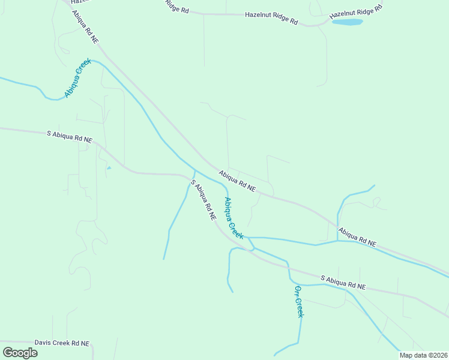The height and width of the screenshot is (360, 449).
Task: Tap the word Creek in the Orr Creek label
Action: point(300,307)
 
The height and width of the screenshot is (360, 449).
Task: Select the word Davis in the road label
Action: point(44,343)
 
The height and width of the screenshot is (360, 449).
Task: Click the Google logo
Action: point(20,352)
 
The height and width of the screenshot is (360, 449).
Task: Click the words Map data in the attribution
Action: point(412,355)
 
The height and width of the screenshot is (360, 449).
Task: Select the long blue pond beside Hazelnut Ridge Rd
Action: point(348,22)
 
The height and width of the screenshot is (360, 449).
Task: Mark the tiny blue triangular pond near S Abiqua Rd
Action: point(109,168)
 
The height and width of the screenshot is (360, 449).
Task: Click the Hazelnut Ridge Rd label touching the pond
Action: point(356,11)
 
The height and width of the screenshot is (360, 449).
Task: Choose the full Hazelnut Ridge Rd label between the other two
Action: point(271,17)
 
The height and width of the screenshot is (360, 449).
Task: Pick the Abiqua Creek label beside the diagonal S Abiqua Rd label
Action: point(234,218)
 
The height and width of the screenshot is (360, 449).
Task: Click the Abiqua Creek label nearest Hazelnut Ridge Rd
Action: point(77,77)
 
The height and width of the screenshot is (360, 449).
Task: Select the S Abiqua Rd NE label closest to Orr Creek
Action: point(343,283)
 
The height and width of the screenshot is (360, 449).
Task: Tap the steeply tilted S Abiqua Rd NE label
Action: point(203,201)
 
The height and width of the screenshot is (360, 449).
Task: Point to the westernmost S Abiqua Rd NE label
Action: point(70,136)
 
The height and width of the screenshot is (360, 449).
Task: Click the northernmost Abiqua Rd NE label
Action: point(84,26)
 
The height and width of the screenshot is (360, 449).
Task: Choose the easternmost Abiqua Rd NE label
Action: point(357,237)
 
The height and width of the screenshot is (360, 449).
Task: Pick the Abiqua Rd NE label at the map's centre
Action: point(237,181)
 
